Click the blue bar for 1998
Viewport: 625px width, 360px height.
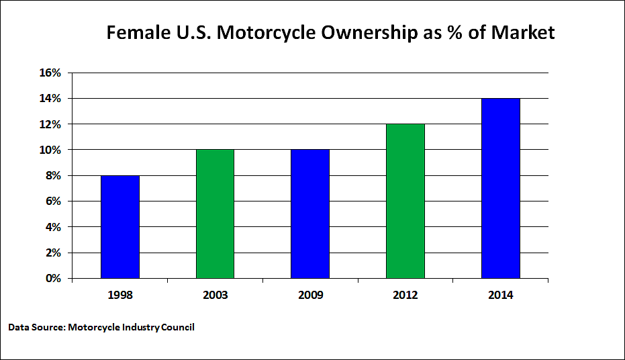(x=120, y=227)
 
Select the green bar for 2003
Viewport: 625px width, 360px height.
(x=215, y=214)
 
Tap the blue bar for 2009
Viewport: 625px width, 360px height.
(x=310, y=214)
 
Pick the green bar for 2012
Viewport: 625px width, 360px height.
(x=405, y=201)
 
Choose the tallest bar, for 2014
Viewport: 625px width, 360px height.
(x=501, y=188)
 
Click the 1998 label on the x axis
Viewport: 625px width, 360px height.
(x=120, y=296)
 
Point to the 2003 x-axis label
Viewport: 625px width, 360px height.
(x=215, y=296)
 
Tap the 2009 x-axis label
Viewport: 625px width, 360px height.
(x=310, y=296)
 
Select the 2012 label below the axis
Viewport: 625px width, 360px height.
(x=405, y=296)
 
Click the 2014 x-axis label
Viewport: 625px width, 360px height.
(x=501, y=296)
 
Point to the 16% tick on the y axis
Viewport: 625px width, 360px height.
(x=50, y=73)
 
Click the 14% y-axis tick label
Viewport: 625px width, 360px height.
(x=50, y=99)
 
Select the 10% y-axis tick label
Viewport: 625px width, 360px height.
(x=50, y=150)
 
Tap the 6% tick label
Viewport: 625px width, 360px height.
(x=53, y=201)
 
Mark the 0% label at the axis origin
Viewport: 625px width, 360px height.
(x=53, y=278)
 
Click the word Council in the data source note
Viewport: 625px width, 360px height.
(x=177, y=327)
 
